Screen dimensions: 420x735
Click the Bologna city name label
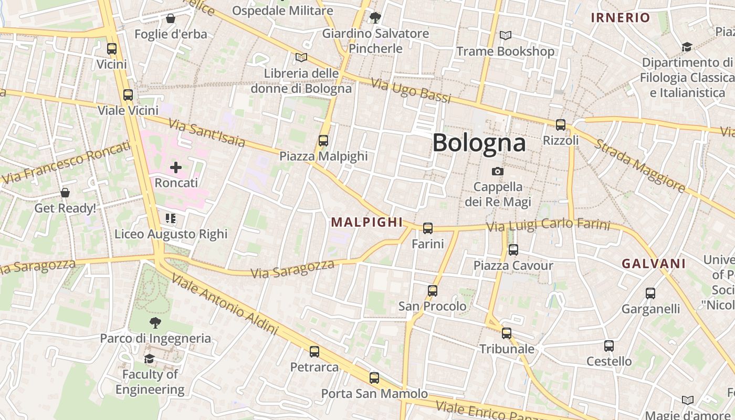[x=479, y=143]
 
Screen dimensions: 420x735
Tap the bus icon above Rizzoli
[x=561, y=125]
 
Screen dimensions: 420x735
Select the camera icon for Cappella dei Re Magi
[x=497, y=172]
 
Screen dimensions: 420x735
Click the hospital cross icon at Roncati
[x=176, y=167]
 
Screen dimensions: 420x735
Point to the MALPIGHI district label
[x=367, y=222]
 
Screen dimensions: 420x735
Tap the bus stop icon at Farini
[x=428, y=228]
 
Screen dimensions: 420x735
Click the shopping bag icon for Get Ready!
[x=65, y=193]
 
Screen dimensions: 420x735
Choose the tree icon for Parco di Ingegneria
[x=155, y=323]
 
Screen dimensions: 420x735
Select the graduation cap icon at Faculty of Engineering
[x=150, y=359]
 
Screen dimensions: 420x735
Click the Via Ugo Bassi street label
[x=411, y=90]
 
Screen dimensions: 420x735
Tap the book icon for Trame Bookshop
[x=506, y=36]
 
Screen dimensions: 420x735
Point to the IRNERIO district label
[x=621, y=18]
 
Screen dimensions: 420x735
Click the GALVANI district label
[x=654, y=264]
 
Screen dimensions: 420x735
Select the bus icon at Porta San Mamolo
[x=374, y=378]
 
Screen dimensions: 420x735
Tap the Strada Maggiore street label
[x=639, y=165]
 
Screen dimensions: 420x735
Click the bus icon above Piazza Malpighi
[x=323, y=141]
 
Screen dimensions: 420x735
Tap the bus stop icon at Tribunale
[x=507, y=333]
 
